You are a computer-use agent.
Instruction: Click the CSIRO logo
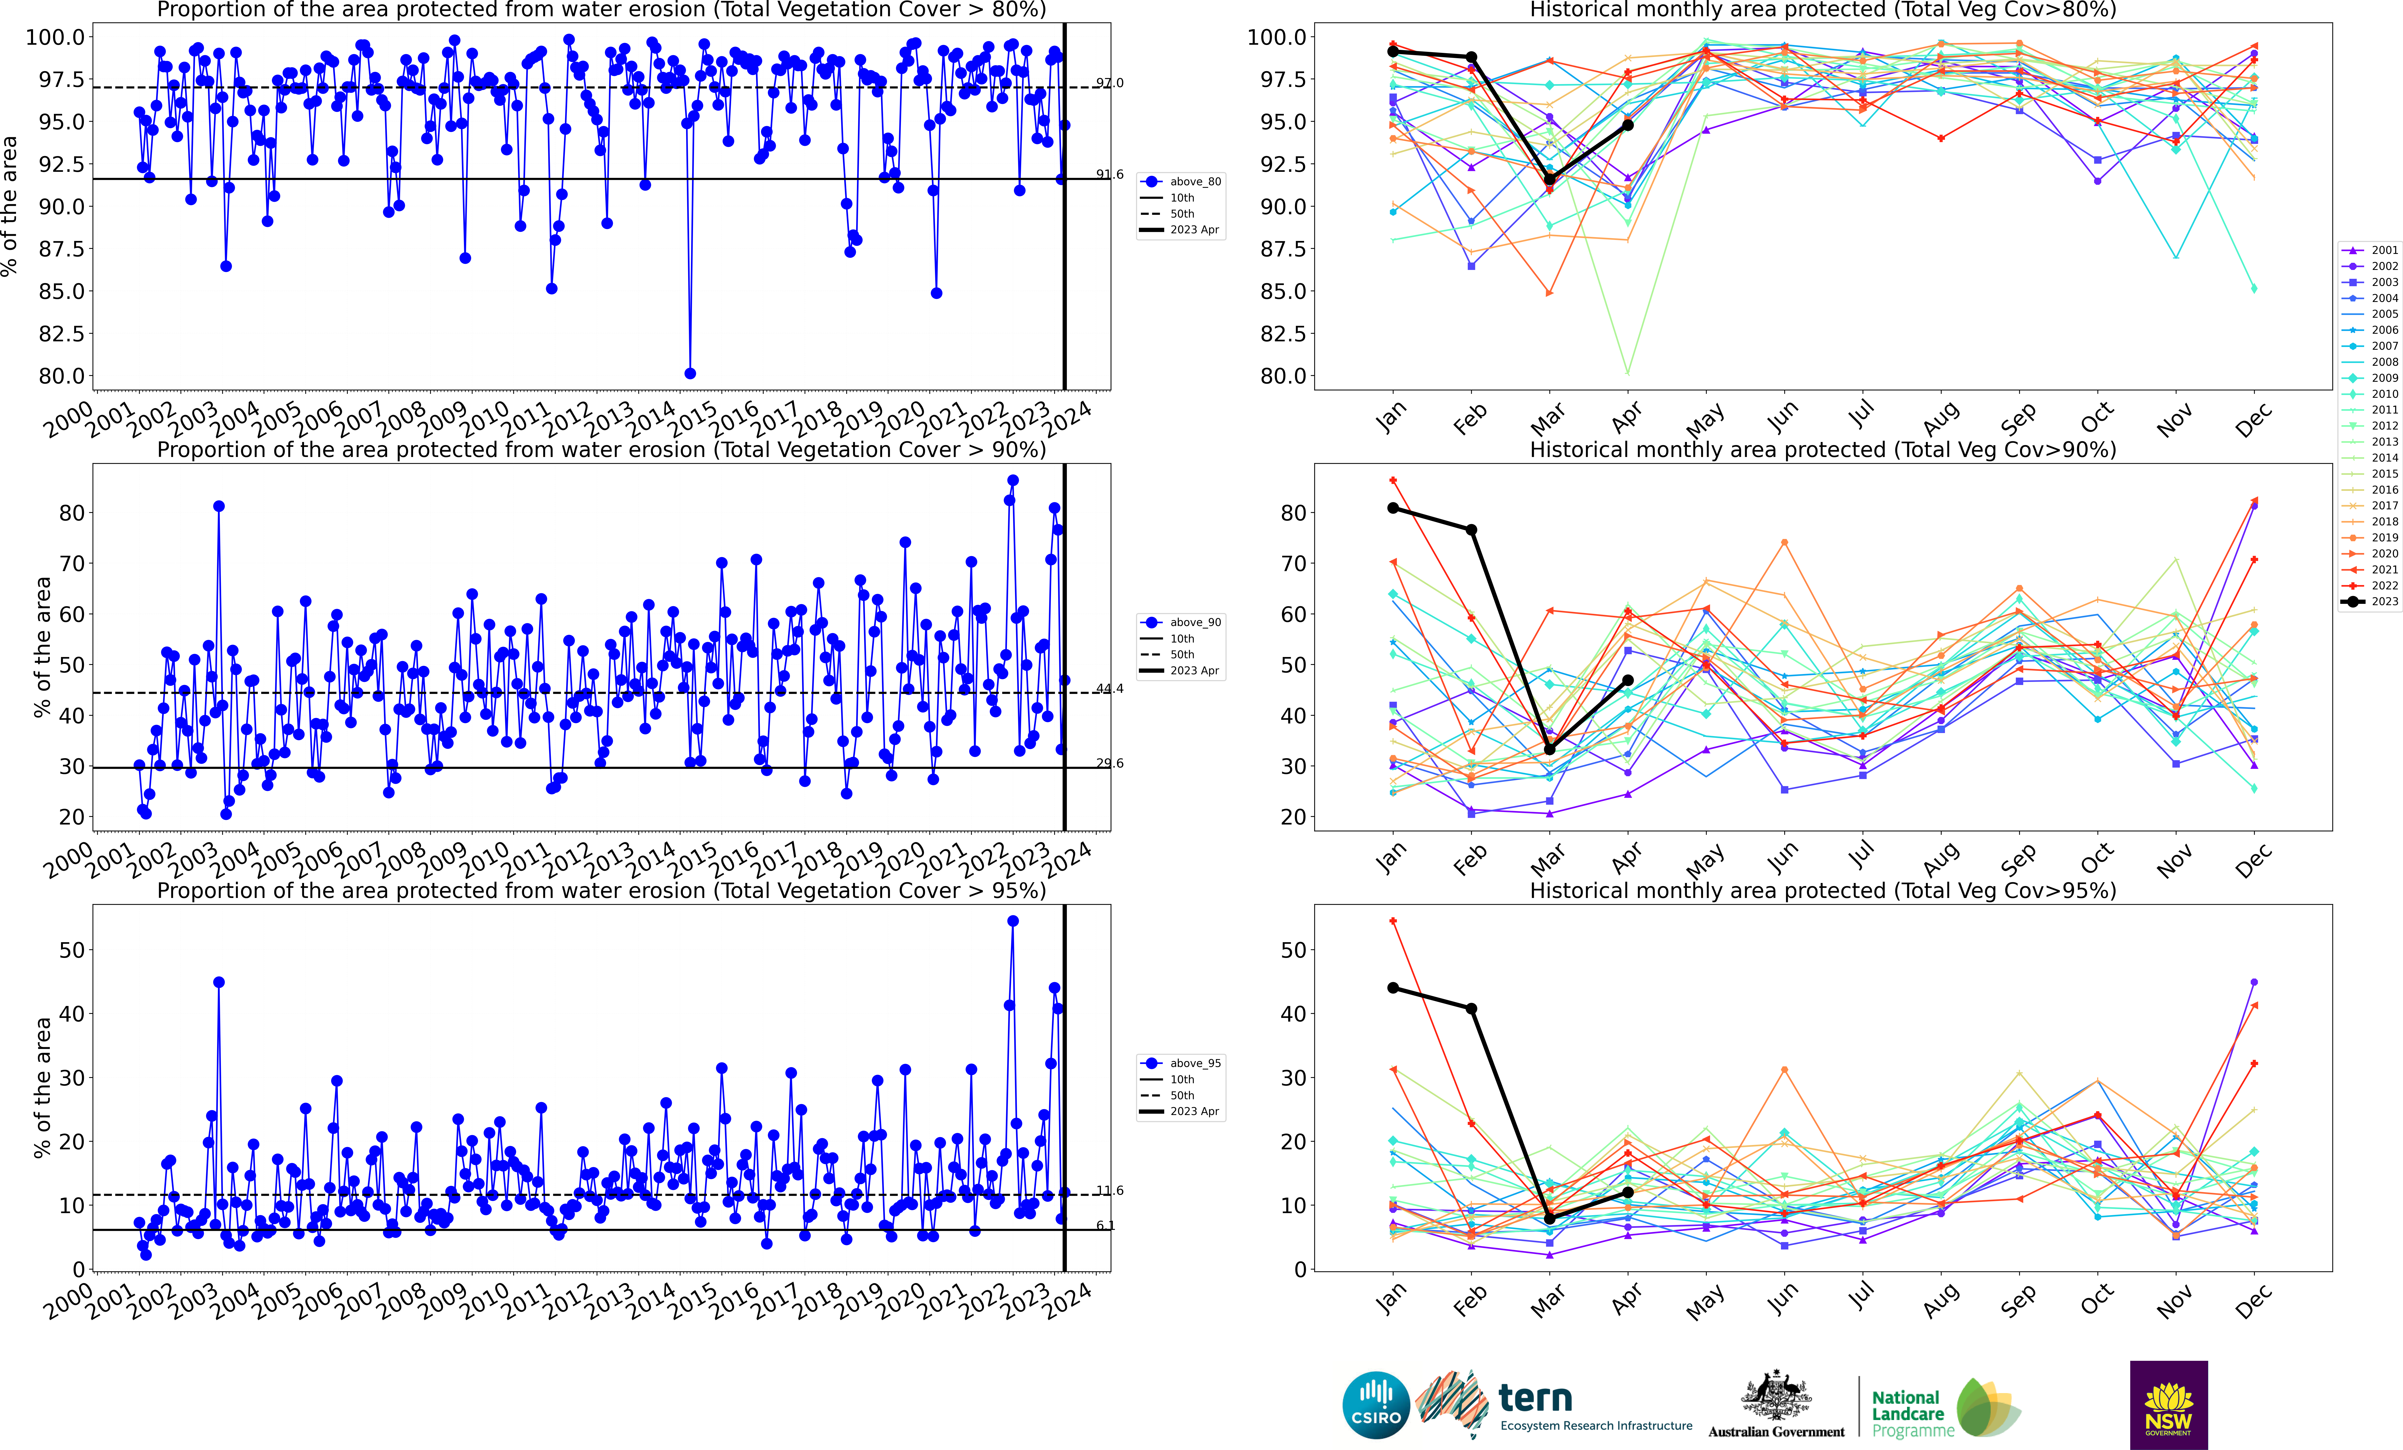coord(1375,1405)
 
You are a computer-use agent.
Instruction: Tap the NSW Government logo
coord(2168,1405)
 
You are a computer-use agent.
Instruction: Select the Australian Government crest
coord(1776,1396)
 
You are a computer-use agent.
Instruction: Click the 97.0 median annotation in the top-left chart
coord(1109,83)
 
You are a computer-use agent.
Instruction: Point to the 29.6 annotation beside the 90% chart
coord(1109,762)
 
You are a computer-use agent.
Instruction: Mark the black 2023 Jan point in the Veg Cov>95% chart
coord(1393,988)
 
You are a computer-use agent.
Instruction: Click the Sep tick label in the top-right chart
coord(2017,417)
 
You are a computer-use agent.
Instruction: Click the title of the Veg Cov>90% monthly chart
coord(1822,450)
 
